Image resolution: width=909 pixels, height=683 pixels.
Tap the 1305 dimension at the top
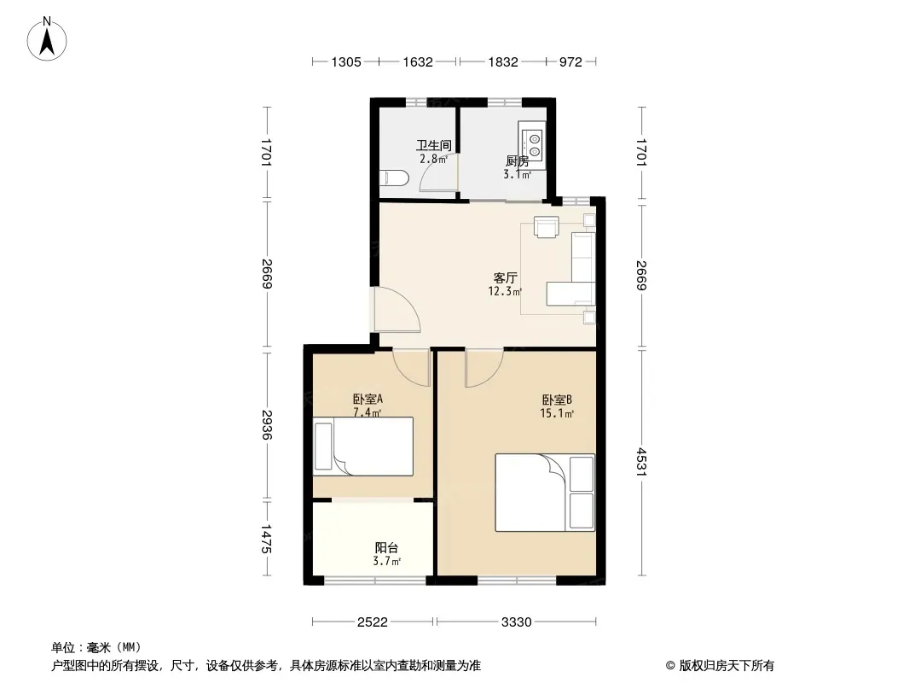(x=346, y=62)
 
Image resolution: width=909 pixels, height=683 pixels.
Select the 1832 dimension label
(x=502, y=62)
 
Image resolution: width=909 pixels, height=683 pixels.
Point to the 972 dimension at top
(x=570, y=62)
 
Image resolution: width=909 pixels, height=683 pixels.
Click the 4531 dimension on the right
(x=641, y=462)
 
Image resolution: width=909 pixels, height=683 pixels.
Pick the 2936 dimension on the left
(x=267, y=425)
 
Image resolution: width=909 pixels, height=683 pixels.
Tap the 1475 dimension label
(x=267, y=539)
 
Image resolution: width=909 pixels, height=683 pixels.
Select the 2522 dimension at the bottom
(x=372, y=622)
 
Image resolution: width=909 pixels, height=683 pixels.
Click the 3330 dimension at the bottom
(x=516, y=622)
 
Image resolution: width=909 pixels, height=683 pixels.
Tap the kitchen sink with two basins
(x=532, y=145)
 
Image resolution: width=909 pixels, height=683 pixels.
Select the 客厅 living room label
(x=505, y=278)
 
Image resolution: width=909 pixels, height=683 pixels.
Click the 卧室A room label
(x=368, y=400)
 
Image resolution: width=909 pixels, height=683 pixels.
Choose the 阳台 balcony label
(x=386, y=547)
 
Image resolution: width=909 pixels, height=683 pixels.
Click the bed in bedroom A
(x=363, y=447)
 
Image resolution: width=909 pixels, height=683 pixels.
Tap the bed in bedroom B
(x=545, y=492)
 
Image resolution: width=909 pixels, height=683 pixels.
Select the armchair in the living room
(x=546, y=226)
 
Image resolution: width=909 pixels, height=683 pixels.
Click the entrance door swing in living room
(x=397, y=311)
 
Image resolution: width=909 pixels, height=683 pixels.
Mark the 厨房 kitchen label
(x=517, y=161)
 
